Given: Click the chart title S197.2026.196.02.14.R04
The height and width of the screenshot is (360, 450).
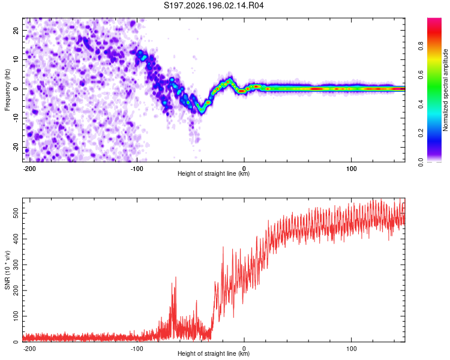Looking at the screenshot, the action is tap(214, 5).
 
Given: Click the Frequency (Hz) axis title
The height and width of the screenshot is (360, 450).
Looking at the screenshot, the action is tap(7, 90).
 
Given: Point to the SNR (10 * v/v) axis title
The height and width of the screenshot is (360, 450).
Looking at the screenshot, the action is tap(7, 270).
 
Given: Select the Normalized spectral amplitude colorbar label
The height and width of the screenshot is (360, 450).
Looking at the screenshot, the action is tap(445, 90).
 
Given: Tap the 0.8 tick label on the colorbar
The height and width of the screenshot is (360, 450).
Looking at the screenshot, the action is tap(421, 46).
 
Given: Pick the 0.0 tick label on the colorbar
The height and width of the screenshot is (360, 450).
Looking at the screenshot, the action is tap(421, 162).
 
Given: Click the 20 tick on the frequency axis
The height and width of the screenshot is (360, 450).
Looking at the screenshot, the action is tap(16, 31).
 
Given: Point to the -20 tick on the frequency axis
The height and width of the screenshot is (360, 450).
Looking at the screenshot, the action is tap(16, 148).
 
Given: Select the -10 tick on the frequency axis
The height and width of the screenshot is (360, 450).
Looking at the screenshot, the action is tap(16, 118).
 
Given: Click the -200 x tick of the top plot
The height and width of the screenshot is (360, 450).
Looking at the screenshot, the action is tap(29, 169).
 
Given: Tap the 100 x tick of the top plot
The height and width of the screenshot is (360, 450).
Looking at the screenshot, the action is tap(351, 169).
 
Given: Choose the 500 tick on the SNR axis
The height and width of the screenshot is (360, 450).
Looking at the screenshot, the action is tap(16, 214).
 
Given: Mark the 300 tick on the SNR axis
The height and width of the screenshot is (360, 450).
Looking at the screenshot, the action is tap(16, 265).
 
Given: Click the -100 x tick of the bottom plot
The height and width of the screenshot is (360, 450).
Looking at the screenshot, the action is tap(137, 349).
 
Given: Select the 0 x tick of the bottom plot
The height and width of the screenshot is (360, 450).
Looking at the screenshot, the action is tap(244, 349).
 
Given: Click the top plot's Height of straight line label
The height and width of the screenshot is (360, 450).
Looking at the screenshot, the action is tap(214, 173).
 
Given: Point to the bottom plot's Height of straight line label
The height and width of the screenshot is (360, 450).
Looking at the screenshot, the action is tap(214, 353).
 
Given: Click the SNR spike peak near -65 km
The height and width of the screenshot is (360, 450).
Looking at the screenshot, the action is tap(176, 277).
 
